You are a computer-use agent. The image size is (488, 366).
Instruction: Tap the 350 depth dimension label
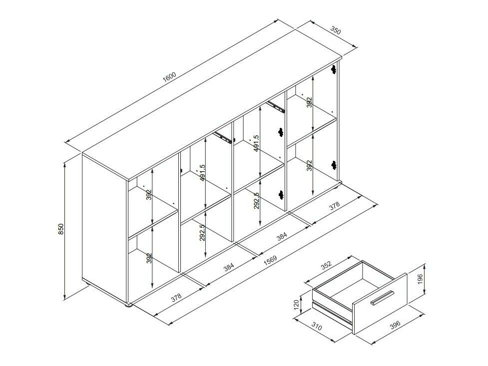pyautogui.click(x=336, y=30)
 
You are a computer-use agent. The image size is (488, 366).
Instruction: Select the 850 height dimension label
pyautogui.click(x=61, y=229)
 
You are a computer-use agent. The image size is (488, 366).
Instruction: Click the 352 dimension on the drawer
pyautogui.click(x=326, y=266)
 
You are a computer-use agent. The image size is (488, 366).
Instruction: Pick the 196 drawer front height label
pyautogui.click(x=420, y=279)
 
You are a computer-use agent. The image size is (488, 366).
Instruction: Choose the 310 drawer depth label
pyautogui.click(x=316, y=327)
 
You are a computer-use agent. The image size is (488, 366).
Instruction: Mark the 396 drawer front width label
pyautogui.click(x=395, y=325)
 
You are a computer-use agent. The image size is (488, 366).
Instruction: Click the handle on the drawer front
pyautogui.click(x=382, y=297)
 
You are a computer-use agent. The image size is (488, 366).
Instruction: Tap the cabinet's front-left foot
pyautogui.click(x=128, y=305)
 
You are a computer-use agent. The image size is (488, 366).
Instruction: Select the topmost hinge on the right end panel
pyautogui.click(x=334, y=69)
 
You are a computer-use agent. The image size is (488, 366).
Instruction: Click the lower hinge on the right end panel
pyautogui.click(x=334, y=165)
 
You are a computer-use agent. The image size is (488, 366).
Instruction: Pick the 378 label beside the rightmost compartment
pyautogui.click(x=334, y=207)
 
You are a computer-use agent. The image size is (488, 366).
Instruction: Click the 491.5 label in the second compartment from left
pyautogui.click(x=202, y=173)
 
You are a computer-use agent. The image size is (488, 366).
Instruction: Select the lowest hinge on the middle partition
pyautogui.click(x=281, y=195)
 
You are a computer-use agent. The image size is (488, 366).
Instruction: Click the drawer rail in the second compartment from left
pyautogui.click(x=223, y=137)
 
